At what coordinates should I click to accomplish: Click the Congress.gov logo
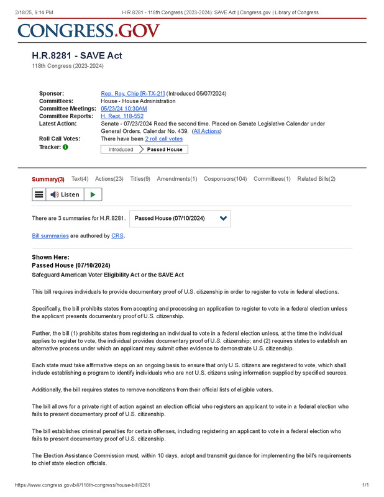89,30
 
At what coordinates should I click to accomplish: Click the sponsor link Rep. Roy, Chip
132,94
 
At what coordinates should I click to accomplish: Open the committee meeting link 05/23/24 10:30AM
124,109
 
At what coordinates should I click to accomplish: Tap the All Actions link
206,131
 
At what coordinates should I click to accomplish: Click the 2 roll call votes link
164,139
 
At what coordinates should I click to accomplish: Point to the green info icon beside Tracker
65,147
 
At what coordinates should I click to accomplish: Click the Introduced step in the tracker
121,150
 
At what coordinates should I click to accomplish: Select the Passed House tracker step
165,150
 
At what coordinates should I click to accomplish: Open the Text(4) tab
80,179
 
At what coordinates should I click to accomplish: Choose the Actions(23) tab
109,179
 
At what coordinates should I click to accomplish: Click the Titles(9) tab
140,179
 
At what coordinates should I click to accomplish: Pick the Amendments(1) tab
176,179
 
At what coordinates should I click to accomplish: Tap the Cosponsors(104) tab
225,179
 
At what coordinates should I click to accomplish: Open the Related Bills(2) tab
316,179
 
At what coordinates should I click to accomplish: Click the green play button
93,194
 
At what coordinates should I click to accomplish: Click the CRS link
117,236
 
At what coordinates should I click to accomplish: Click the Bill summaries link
50,236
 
